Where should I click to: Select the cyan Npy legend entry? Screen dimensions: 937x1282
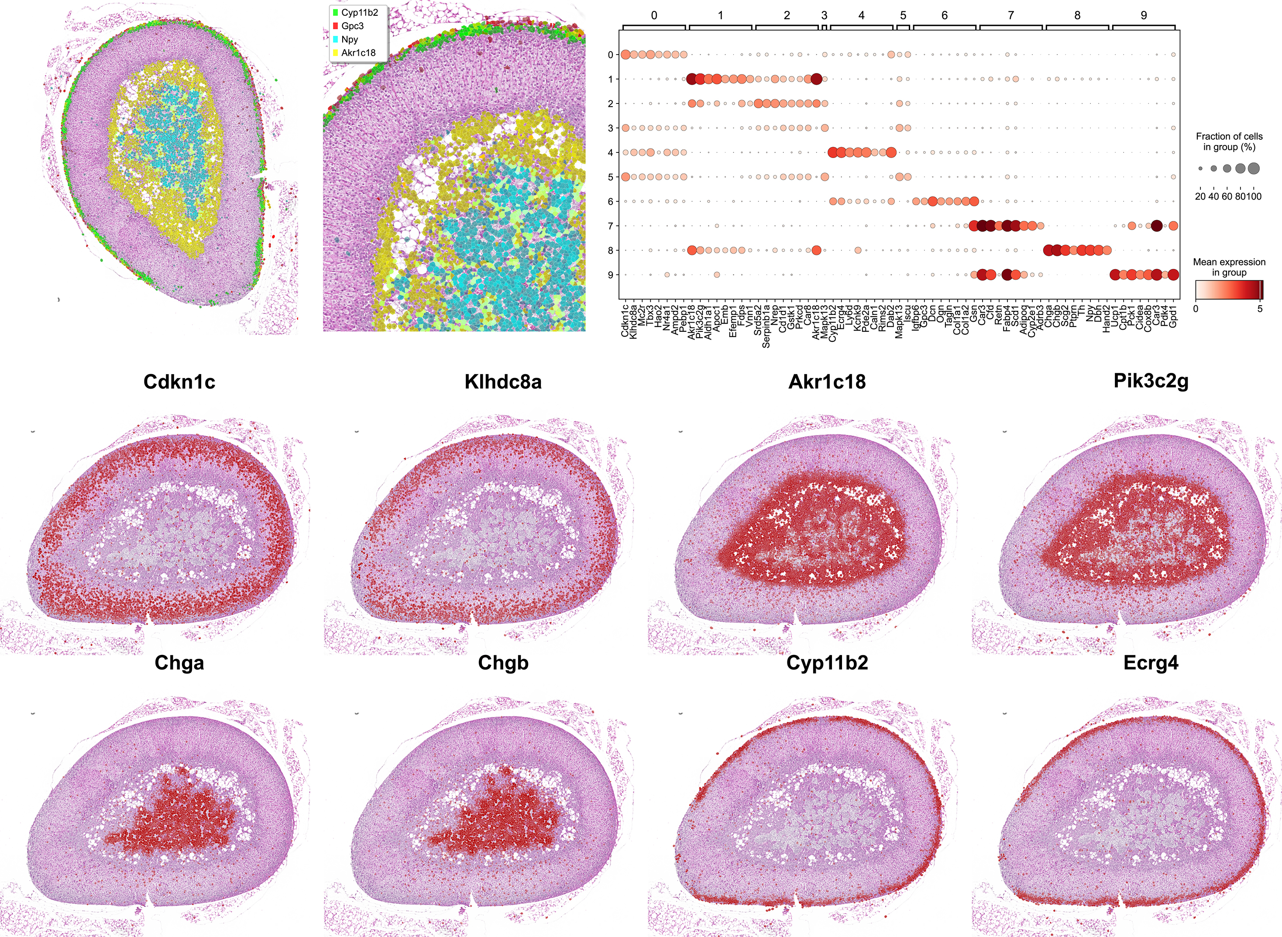tap(349, 39)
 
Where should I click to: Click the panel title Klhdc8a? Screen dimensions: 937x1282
tap(503, 382)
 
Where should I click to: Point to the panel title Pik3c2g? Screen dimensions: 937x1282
tap(1151, 381)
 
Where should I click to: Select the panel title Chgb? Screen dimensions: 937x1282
tap(503, 662)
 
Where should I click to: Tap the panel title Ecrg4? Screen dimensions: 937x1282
tap(1151, 662)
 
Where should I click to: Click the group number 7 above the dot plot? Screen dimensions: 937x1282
tap(1010, 15)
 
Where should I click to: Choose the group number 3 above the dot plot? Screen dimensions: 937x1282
tap(824, 15)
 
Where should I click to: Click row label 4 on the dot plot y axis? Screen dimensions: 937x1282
tap(610, 152)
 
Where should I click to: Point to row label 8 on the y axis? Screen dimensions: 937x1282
tap(610, 250)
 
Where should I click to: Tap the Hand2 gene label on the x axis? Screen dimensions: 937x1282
tap(1106, 319)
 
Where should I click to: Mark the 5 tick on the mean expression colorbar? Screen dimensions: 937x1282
tap(1260, 309)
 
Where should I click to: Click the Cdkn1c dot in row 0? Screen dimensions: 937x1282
tap(626, 55)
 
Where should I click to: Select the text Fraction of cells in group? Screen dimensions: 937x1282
tap(1229, 141)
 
